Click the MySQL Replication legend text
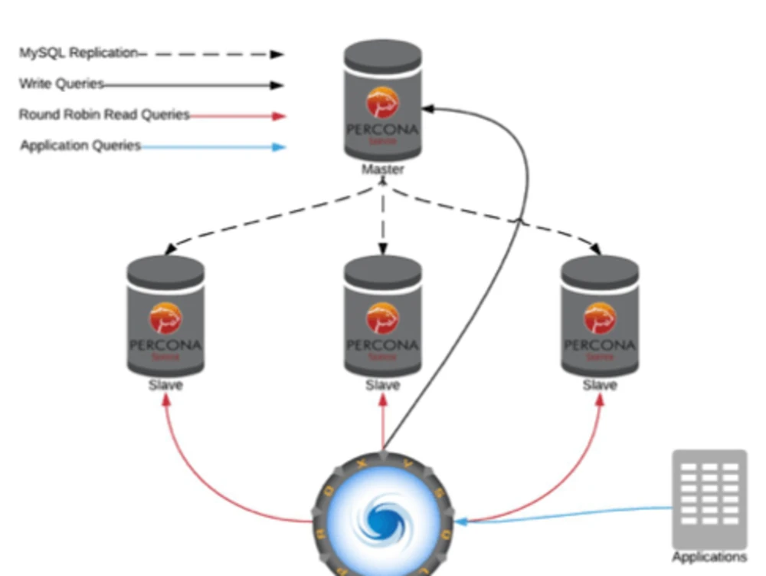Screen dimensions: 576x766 pyautogui.click(x=79, y=53)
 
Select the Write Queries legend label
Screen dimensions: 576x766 pyautogui.click(x=61, y=84)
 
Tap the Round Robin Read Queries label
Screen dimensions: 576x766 pyautogui.click(x=104, y=114)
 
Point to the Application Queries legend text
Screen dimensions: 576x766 pyautogui.click(x=80, y=145)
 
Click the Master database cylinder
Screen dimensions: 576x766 pyautogui.click(x=382, y=100)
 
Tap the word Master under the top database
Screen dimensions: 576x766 pyautogui.click(x=382, y=169)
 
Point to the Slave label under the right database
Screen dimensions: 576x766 pyautogui.click(x=600, y=385)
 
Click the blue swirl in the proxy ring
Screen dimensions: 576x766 pyautogui.click(x=383, y=520)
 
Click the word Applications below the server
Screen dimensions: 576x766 pyautogui.click(x=709, y=557)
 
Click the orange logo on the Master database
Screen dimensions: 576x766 pyautogui.click(x=382, y=103)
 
